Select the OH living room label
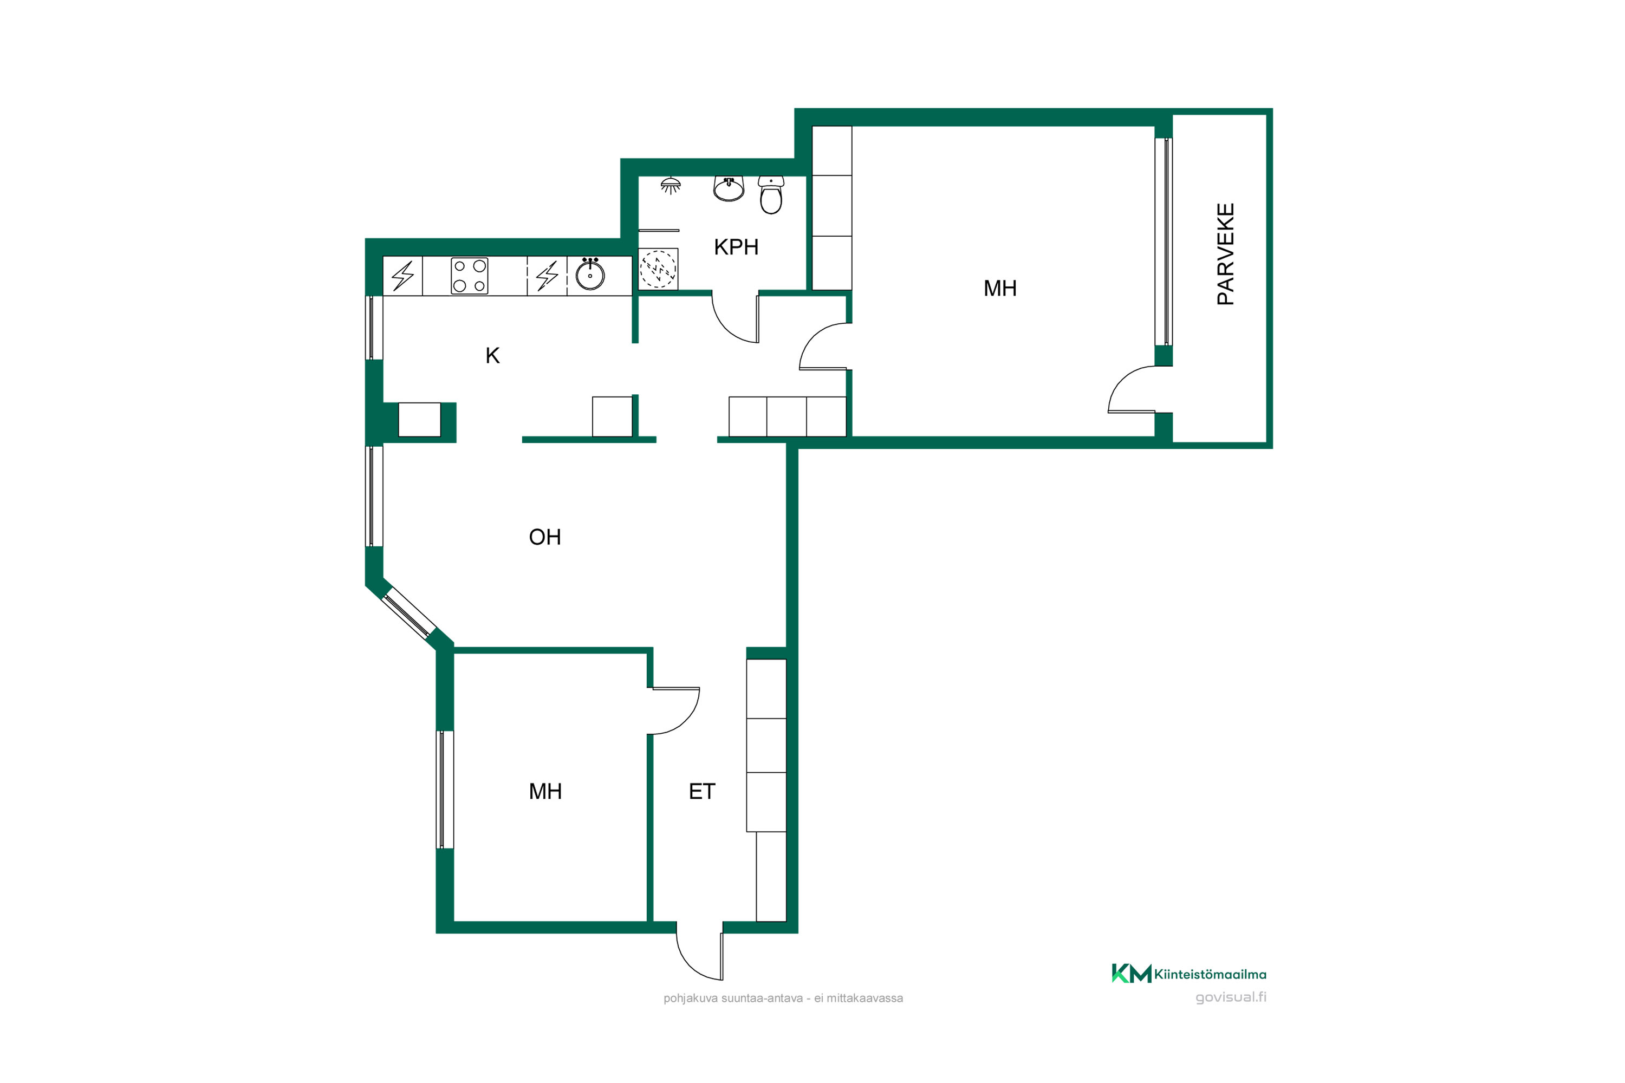point(544,537)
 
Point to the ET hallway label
point(702,791)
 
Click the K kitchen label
point(492,355)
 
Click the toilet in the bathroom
point(771,195)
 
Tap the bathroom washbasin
point(729,188)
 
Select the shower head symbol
point(670,185)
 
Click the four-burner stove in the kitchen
point(469,276)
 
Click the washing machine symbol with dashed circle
point(658,269)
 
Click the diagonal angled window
point(409,612)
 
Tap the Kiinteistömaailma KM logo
point(1188,973)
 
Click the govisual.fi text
point(1231,997)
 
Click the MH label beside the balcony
point(1000,288)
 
